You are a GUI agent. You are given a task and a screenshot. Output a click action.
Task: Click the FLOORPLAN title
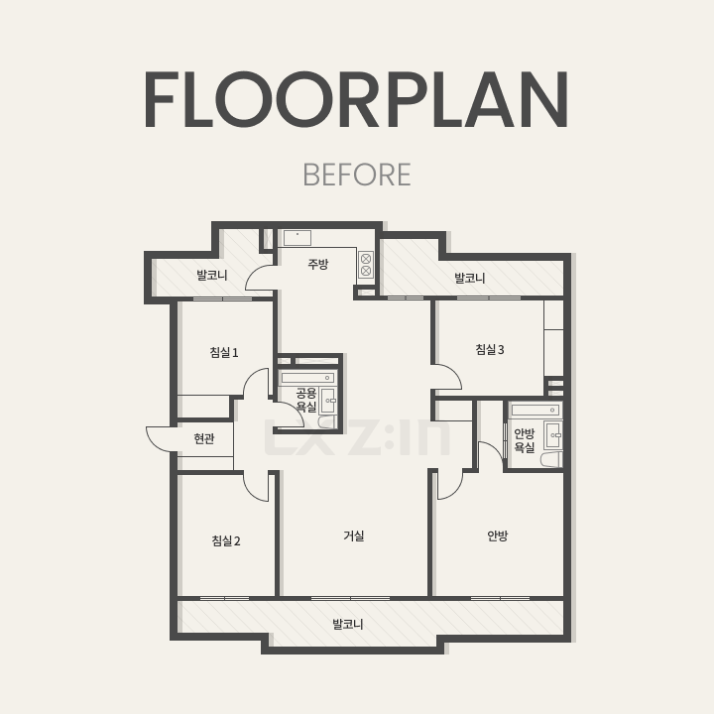click(357, 99)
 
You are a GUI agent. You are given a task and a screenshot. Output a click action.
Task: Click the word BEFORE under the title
click(357, 175)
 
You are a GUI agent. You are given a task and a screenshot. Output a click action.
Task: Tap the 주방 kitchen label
click(318, 264)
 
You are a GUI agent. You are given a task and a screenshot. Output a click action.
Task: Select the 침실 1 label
click(224, 352)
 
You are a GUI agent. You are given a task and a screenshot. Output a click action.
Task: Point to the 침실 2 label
click(226, 541)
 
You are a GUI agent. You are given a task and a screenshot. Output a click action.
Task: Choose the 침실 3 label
click(490, 350)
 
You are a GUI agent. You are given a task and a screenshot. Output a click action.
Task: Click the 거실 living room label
click(354, 535)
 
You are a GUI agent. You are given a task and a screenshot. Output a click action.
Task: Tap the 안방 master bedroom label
click(497, 535)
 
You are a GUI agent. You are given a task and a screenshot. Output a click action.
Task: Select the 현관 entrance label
click(204, 438)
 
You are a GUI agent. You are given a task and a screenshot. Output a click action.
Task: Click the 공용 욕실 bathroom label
click(306, 400)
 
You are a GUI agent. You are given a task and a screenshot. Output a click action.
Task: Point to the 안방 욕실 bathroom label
click(525, 440)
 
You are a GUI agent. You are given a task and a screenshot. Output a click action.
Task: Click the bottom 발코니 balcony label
click(348, 625)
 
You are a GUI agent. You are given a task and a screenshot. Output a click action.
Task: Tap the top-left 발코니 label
click(212, 275)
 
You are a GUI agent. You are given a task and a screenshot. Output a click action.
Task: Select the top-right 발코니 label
click(470, 278)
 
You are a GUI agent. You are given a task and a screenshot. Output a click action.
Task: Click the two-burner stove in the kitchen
click(366, 265)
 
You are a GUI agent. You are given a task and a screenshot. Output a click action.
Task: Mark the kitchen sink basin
click(297, 238)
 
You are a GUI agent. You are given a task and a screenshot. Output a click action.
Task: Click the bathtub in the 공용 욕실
click(307, 378)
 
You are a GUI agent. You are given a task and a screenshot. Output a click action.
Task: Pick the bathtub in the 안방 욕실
click(535, 410)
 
